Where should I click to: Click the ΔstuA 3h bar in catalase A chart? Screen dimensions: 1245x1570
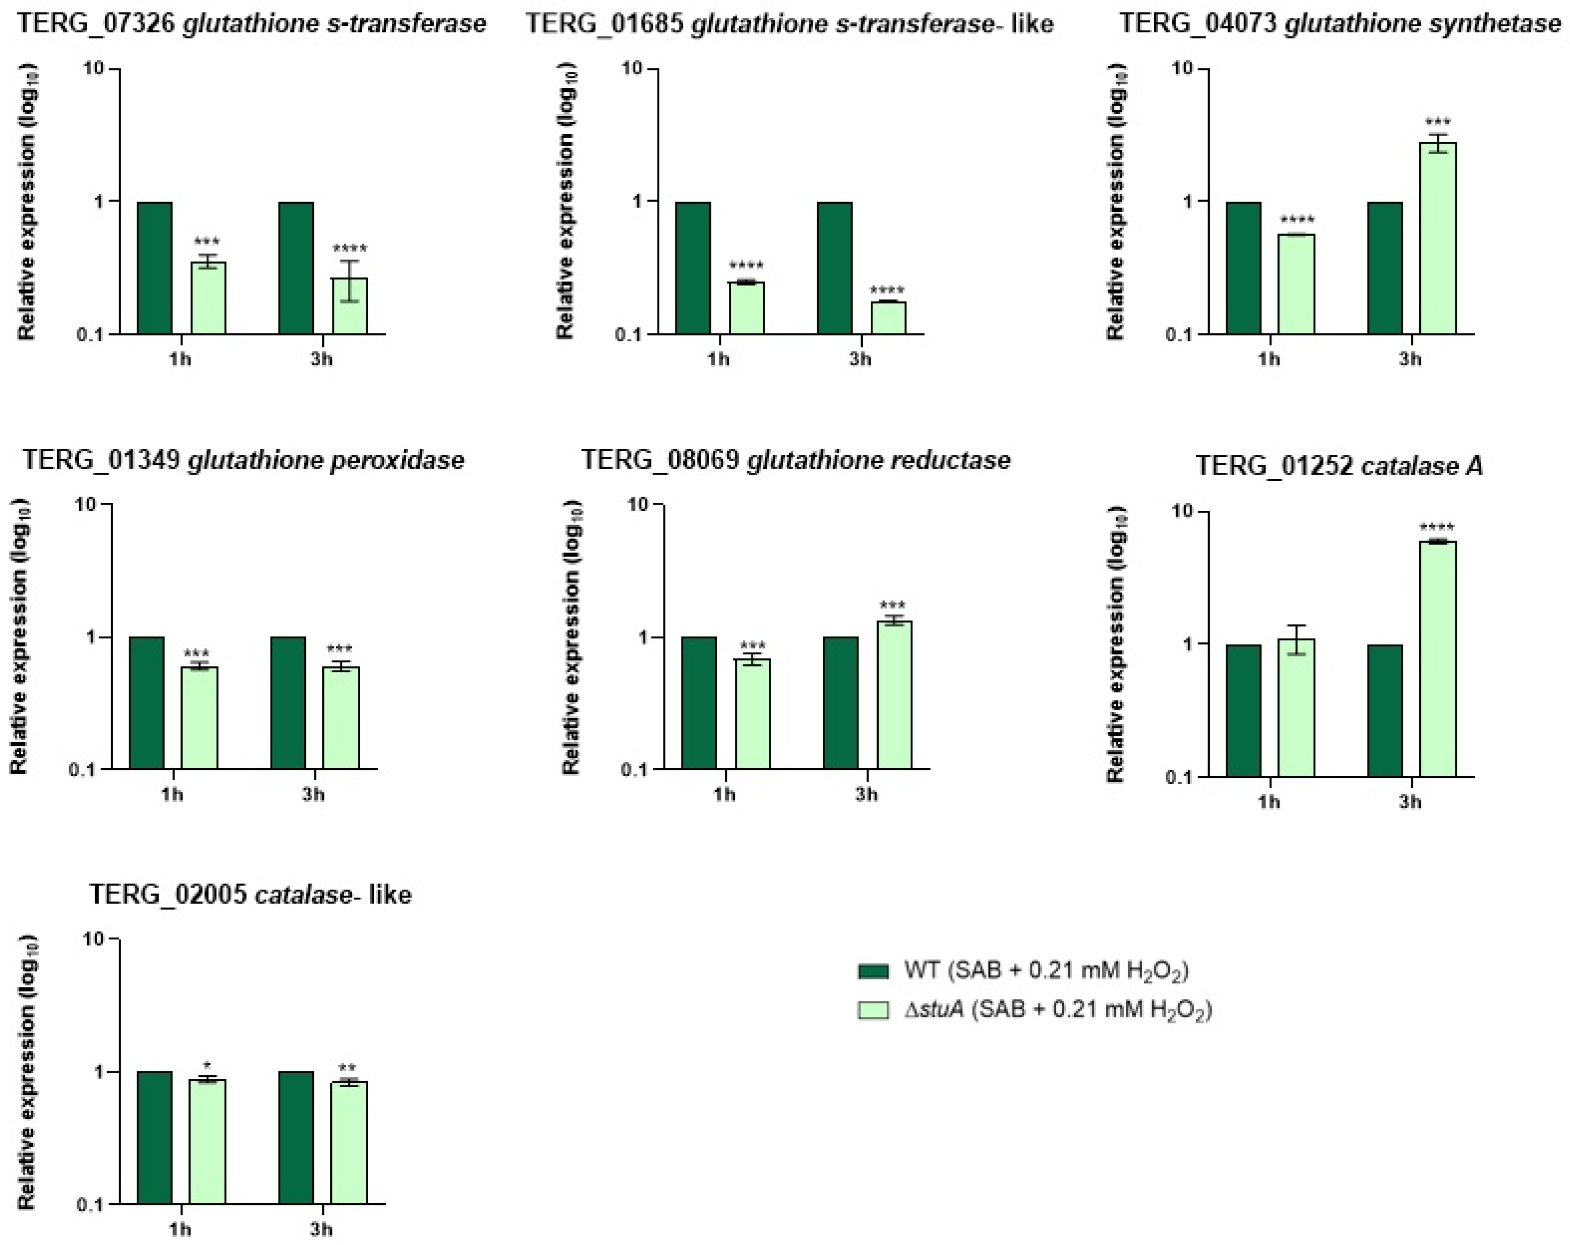tap(1438, 659)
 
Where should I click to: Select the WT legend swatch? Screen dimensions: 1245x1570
tap(873, 971)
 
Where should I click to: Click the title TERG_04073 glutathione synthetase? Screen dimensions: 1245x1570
tap(1340, 24)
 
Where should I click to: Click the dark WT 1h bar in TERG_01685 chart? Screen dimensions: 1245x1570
tap(693, 268)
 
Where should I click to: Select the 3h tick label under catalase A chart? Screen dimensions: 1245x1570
tap(1410, 802)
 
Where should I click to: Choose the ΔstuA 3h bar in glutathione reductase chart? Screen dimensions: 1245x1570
tap(894, 695)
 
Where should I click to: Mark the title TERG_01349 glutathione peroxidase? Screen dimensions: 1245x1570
tap(243, 460)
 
